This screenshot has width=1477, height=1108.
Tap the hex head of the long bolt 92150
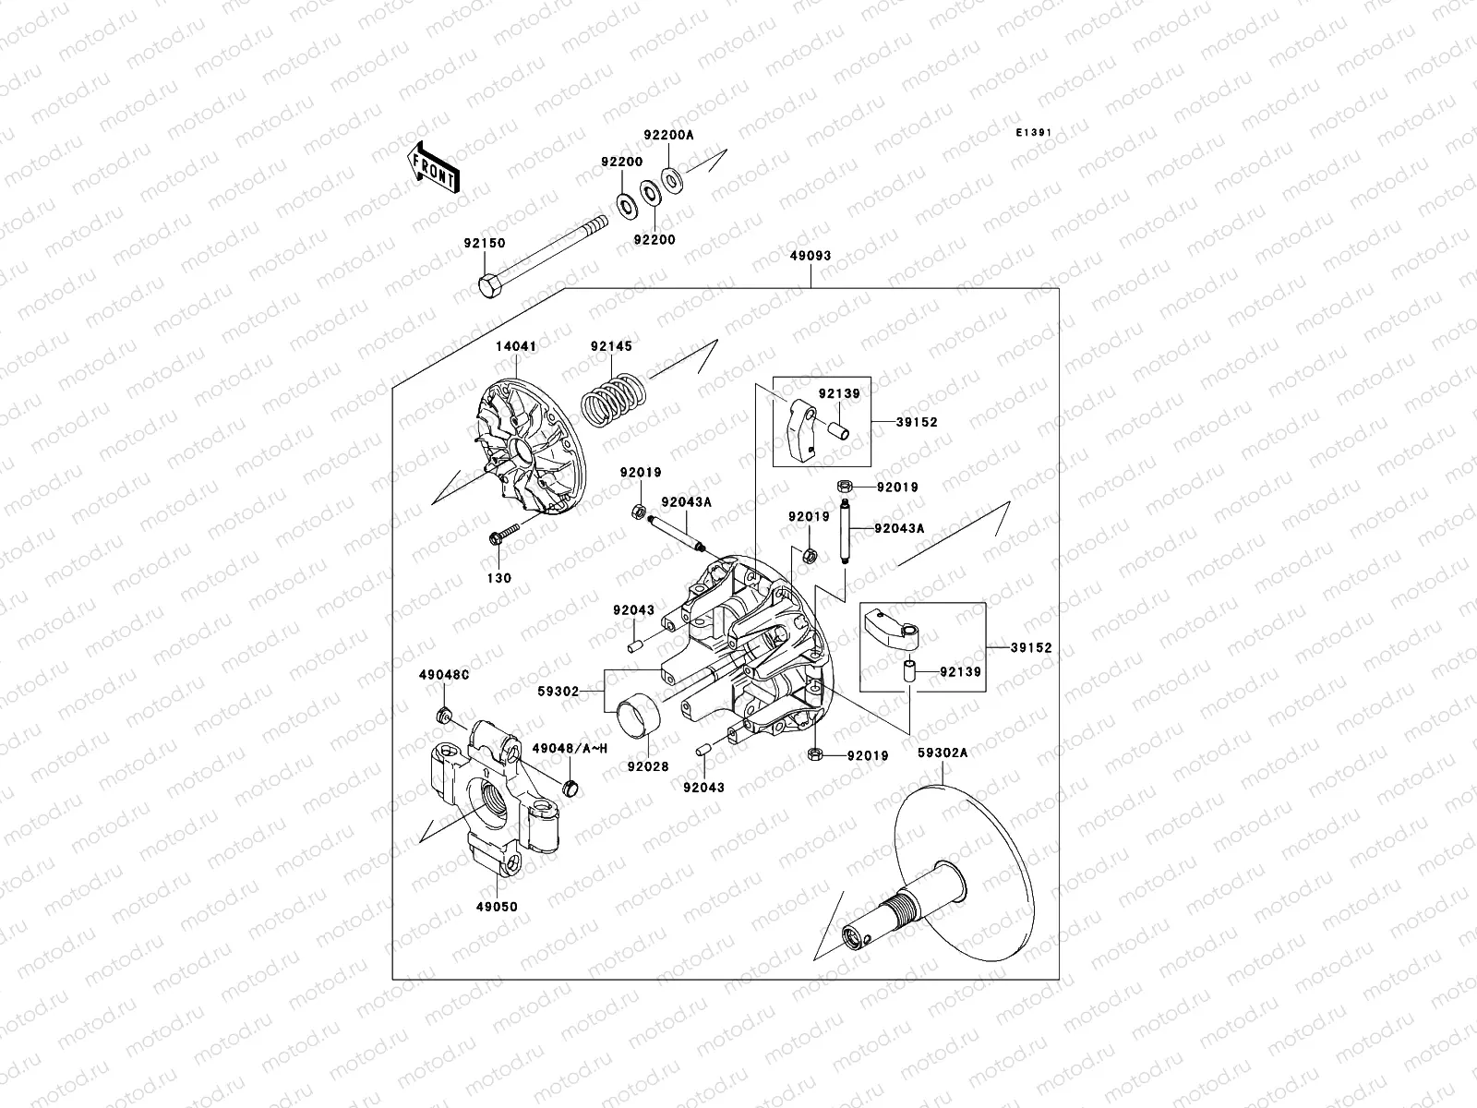pos(490,286)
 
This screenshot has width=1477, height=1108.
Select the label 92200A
pos(668,135)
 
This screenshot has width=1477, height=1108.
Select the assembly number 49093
pos(810,255)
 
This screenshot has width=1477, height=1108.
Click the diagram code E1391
pos(1034,133)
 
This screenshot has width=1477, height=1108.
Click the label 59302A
pos(943,753)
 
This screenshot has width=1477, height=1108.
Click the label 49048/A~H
pos(569,749)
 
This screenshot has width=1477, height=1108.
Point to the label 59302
pos(558,691)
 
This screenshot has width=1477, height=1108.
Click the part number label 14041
pos(516,346)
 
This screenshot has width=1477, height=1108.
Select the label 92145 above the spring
pos(611,346)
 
